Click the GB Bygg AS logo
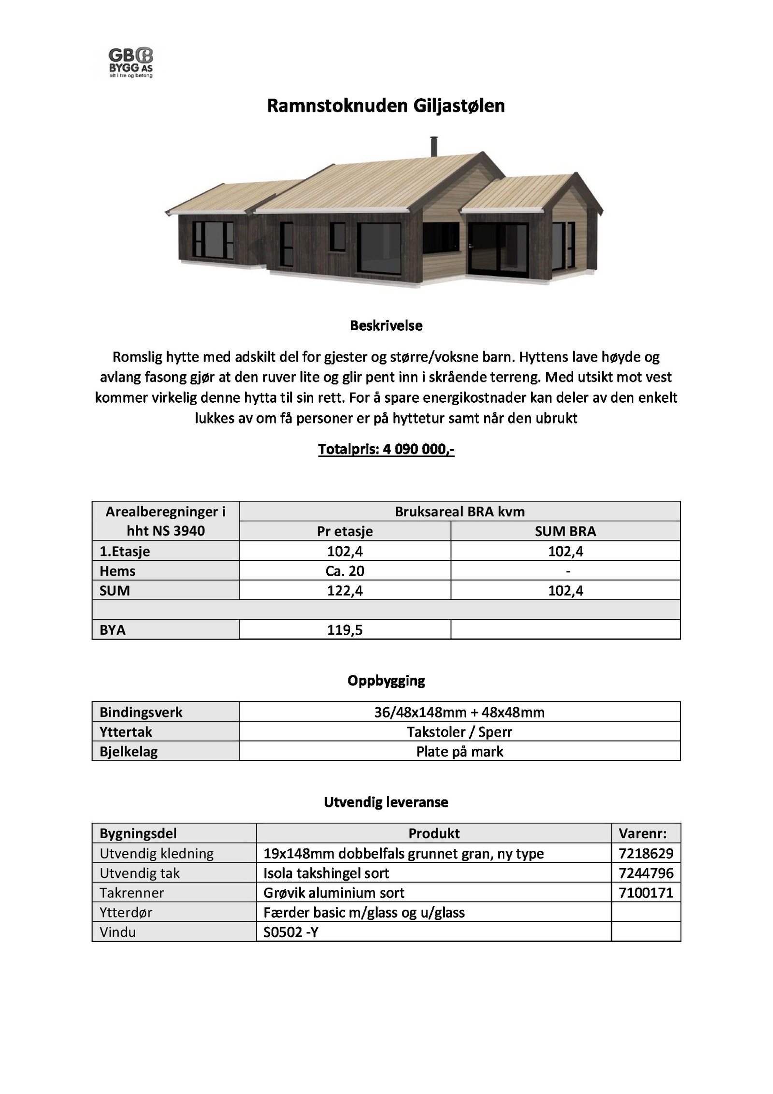coord(130,62)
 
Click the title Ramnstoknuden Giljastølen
coord(386,106)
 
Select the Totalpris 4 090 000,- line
coord(386,450)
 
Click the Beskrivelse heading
coord(386,325)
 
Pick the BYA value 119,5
coord(344,630)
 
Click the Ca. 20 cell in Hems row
coord(344,571)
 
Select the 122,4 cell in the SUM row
coord(344,591)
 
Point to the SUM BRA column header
coord(565,531)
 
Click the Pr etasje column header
coord(344,531)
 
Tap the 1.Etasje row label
coord(125,551)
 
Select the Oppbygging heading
coord(386,681)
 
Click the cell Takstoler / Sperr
coord(459,732)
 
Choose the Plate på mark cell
coord(459,752)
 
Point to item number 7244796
coord(645,873)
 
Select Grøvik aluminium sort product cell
coord(334,893)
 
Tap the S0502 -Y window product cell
coord(291,932)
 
